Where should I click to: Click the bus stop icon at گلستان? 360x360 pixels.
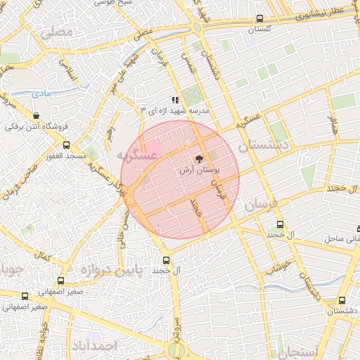click(260, 19)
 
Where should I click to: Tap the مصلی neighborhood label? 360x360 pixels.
click(57, 32)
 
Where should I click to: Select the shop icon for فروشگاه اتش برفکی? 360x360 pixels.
click(36, 116)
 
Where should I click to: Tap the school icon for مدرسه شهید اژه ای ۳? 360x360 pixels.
click(175, 101)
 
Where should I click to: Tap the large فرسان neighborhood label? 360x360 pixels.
click(263, 205)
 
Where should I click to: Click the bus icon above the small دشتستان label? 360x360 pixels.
click(342, 300)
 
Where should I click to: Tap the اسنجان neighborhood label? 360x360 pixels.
click(298, 351)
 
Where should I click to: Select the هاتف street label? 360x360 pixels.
click(333, 126)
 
